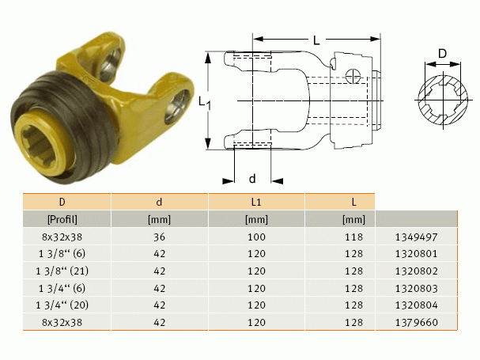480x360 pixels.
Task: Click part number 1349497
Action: tap(416, 237)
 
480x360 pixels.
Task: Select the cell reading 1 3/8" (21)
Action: tap(62, 271)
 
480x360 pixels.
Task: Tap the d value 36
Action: tap(159, 237)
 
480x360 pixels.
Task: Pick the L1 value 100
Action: tap(256, 237)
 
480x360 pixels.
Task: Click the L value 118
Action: tap(354, 237)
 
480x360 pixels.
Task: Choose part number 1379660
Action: tap(416, 322)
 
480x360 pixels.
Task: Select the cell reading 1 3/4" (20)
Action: tap(62, 305)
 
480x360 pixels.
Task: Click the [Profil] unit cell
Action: tap(62, 219)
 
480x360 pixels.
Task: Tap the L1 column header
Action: tap(256, 202)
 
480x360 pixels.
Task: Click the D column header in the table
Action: tap(62, 202)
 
